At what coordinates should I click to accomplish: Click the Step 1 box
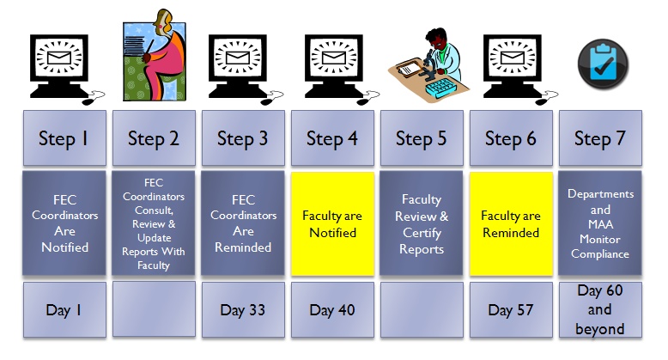(64, 137)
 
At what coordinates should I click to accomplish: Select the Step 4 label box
(333, 137)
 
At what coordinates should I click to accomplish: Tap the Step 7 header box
(600, 137)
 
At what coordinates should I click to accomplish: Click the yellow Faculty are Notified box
(333, 223)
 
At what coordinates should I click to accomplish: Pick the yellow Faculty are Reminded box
(511, 223)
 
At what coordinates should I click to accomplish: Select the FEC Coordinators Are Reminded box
(243, 223)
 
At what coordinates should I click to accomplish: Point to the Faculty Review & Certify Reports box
(422, 223)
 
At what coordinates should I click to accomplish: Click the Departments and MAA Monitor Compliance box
(600, 223)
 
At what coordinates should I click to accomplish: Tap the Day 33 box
(243, 309)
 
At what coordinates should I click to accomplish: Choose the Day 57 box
(511, 309)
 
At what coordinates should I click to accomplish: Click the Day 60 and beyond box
(600, 309)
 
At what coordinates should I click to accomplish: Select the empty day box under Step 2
(154, 308)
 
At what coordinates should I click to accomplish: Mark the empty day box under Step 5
(422, 309)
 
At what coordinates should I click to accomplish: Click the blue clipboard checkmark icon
(603, 64)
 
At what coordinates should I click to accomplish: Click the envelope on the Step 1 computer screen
(58, 58)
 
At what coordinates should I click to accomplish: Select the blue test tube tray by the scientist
(441, 88)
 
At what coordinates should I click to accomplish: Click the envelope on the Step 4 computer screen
(334, 58)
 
